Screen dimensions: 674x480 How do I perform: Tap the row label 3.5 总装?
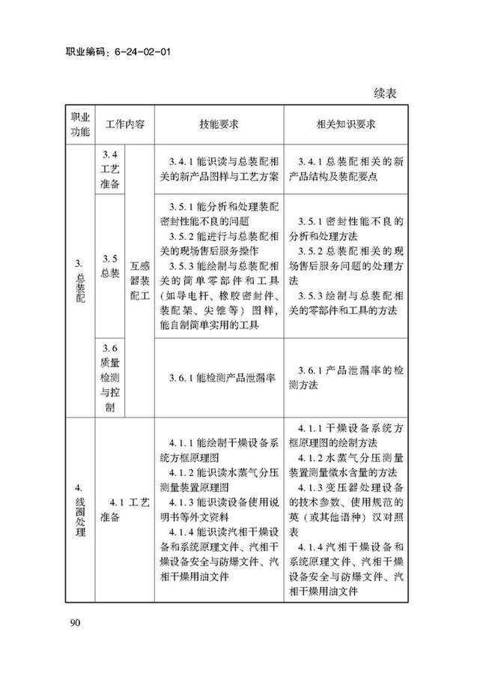[x=110, y=265]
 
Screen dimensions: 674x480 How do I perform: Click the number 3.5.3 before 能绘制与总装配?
[x=182, y=266]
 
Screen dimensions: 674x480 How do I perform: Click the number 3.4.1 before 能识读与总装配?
[x=182, y=162]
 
